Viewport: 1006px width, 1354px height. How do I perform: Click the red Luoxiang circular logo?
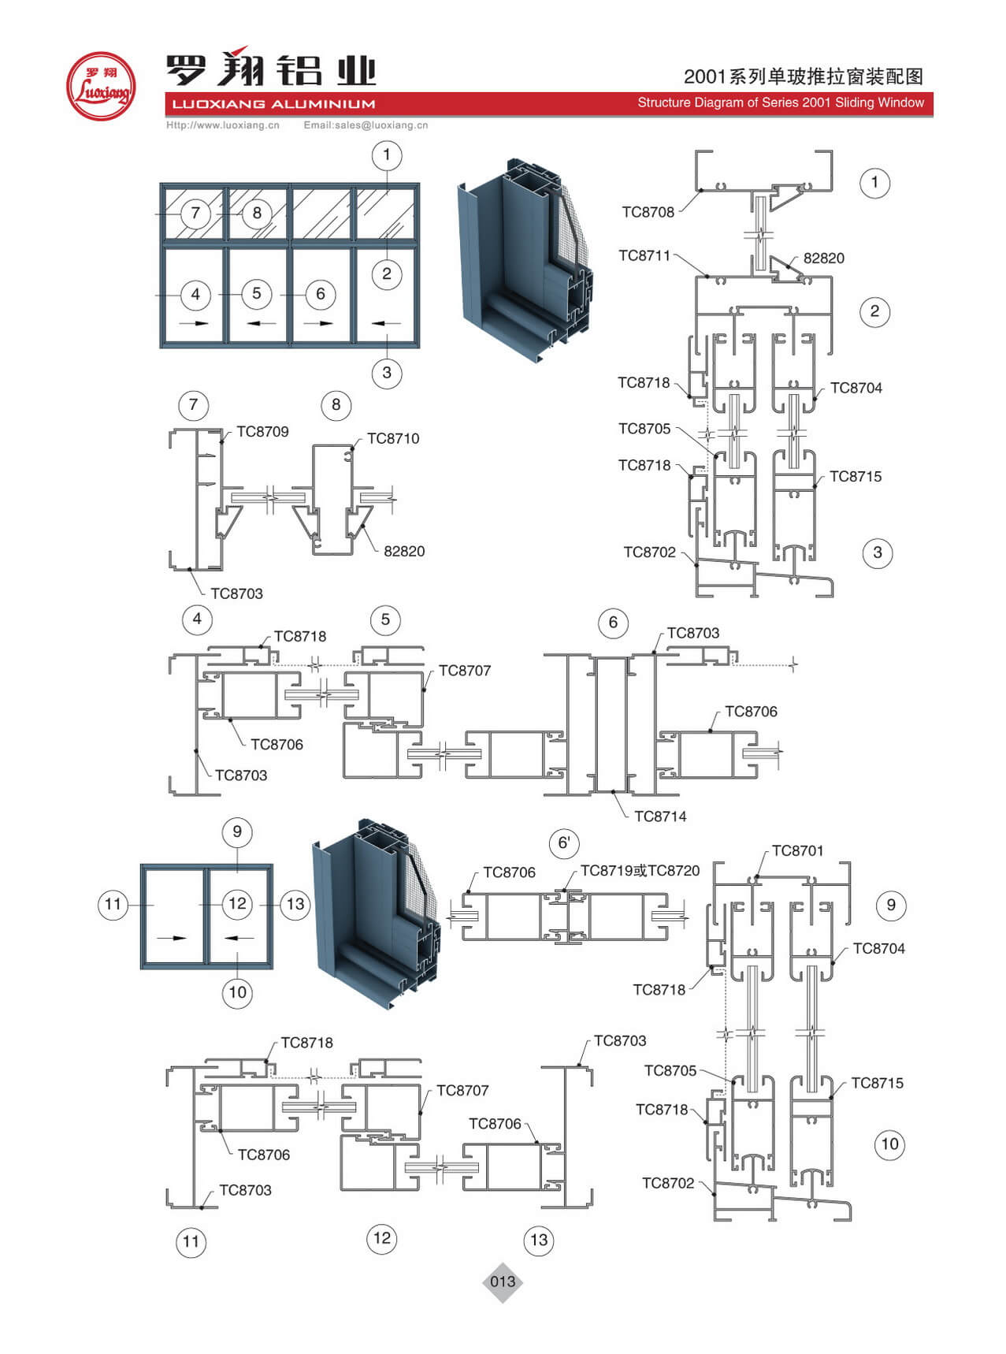(100, 87)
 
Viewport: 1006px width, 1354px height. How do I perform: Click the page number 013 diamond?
(503, 1281)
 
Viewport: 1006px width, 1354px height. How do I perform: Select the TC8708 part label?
(648, 212)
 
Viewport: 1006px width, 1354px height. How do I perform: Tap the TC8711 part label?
(644, 255)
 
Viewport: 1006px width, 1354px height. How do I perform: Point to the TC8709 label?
(262, 432)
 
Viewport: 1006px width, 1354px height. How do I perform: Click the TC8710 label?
(393, 439)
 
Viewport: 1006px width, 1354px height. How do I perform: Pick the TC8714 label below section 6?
(660, 816)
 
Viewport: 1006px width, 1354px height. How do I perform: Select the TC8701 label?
(797, 851)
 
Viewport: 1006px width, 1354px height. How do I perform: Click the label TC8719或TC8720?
(640, 871)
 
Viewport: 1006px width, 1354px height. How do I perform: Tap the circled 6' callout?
(564, 843)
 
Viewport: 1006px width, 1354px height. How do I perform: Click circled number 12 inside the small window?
(238, 903)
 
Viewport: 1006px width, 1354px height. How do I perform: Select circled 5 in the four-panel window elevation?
(257, 294)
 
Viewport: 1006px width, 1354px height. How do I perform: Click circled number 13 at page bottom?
(539, 1241)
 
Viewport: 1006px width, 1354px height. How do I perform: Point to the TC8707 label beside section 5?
(464, 671)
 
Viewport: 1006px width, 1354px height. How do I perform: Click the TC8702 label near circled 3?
(649, 552)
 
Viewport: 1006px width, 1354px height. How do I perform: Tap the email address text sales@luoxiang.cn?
(366, 125)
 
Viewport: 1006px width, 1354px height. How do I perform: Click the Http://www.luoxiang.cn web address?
(223, 125)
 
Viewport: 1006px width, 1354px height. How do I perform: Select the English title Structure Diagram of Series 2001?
(780, 103)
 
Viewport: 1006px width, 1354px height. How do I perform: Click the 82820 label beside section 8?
(404, 552)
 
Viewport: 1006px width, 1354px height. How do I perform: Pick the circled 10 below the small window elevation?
(238, 992)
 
